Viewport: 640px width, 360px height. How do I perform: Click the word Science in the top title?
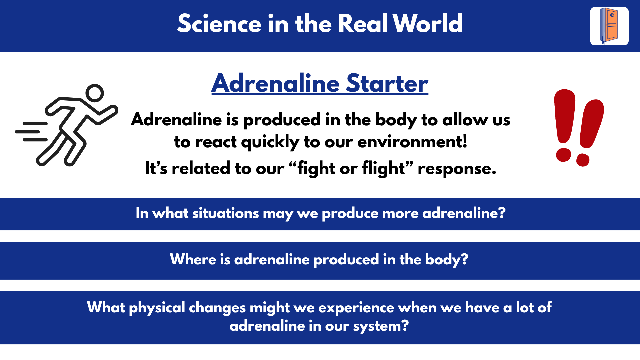coord(219,24)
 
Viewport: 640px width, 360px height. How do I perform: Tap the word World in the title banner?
coord(428,24)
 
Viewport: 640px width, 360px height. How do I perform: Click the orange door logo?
coord(609,26)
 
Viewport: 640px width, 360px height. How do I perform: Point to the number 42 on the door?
coord(612,15)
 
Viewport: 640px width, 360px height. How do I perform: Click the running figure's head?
coord(95,93)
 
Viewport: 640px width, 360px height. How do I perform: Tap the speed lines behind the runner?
coord(32,132)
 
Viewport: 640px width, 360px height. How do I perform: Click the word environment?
coord(412,142)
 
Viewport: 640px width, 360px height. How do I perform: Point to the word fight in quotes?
coord(316,168)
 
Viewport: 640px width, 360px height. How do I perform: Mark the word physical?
coord(157,308)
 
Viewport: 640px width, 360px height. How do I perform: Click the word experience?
coord(356,308)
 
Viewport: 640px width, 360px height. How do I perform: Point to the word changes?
coord(217,308)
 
